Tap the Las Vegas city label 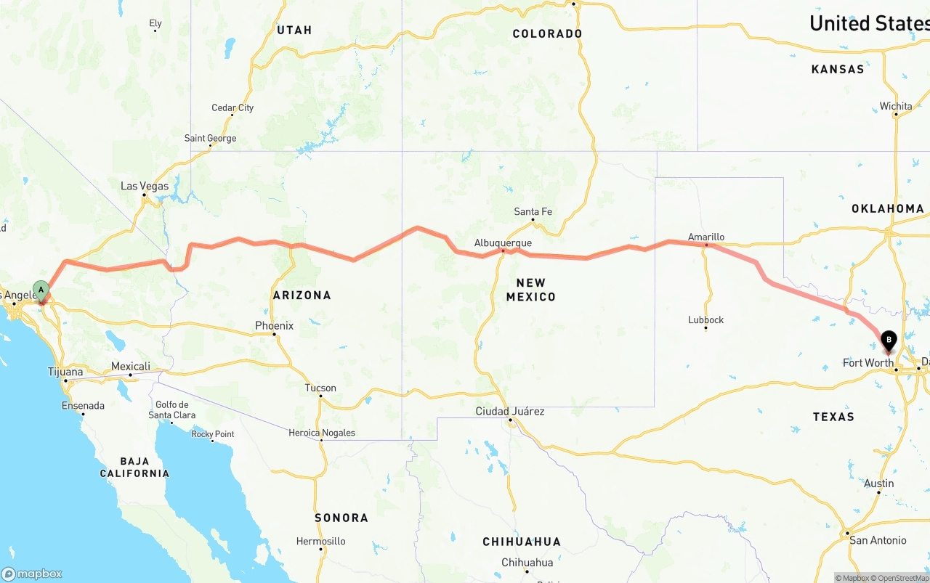click(x=145, y=187)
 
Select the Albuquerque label click(x=503, y=243)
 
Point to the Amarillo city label click(x=706, y=237)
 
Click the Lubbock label click(x=706, y=319)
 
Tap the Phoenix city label click(x=274, y=326)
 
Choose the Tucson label click(x=320, y=388)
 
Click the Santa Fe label click(x=533, y=211)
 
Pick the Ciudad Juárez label click(x=510, y=411)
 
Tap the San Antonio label click(x=878, y=540)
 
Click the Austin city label click(x=879, y=484)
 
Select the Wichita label click(x=896, y=106)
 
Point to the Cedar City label click(x=232, y=108)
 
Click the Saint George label click(x=210, y=138)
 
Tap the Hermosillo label click(x=320, y=541)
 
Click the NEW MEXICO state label click(x=530, y=290)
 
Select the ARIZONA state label click(x=302, y=295)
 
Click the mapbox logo click(x=32, y=574)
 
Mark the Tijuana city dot click(x=65, y=380)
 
